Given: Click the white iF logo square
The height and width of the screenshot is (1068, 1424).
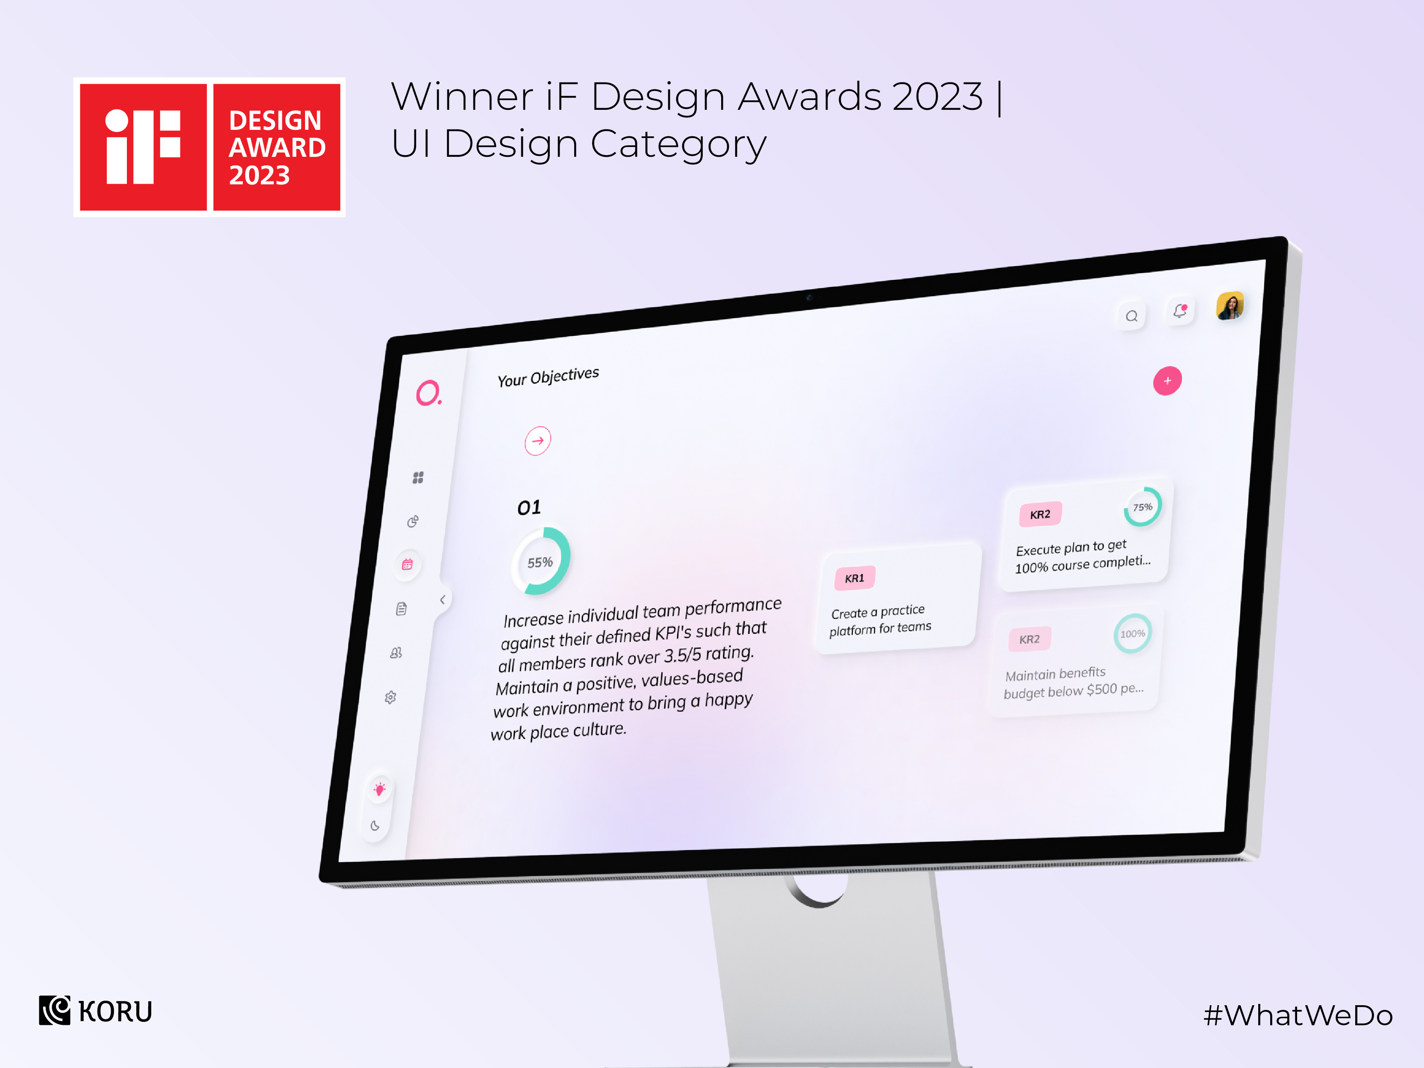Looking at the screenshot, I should coord(143,147).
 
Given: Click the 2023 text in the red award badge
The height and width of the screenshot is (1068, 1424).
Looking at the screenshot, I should coord(259,175).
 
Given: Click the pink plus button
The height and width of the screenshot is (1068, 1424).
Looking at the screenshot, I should coord(1166,381).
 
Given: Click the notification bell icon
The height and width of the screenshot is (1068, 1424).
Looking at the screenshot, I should coord(1179,311).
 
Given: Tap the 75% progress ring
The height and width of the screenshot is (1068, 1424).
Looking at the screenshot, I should coord(1143,507).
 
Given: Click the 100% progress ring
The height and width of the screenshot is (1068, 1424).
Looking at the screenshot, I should coord(1132,634).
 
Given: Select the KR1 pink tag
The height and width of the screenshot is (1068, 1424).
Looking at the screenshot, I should coord(854,578).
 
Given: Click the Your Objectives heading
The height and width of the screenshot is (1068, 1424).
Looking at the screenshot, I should coord(548,377).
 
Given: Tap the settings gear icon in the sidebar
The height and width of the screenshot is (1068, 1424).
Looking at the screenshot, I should coord(390,697).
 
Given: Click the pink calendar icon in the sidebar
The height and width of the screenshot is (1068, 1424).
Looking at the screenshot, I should coord(407,565).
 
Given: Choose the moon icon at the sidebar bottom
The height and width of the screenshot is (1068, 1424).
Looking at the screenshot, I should coord(375,825).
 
